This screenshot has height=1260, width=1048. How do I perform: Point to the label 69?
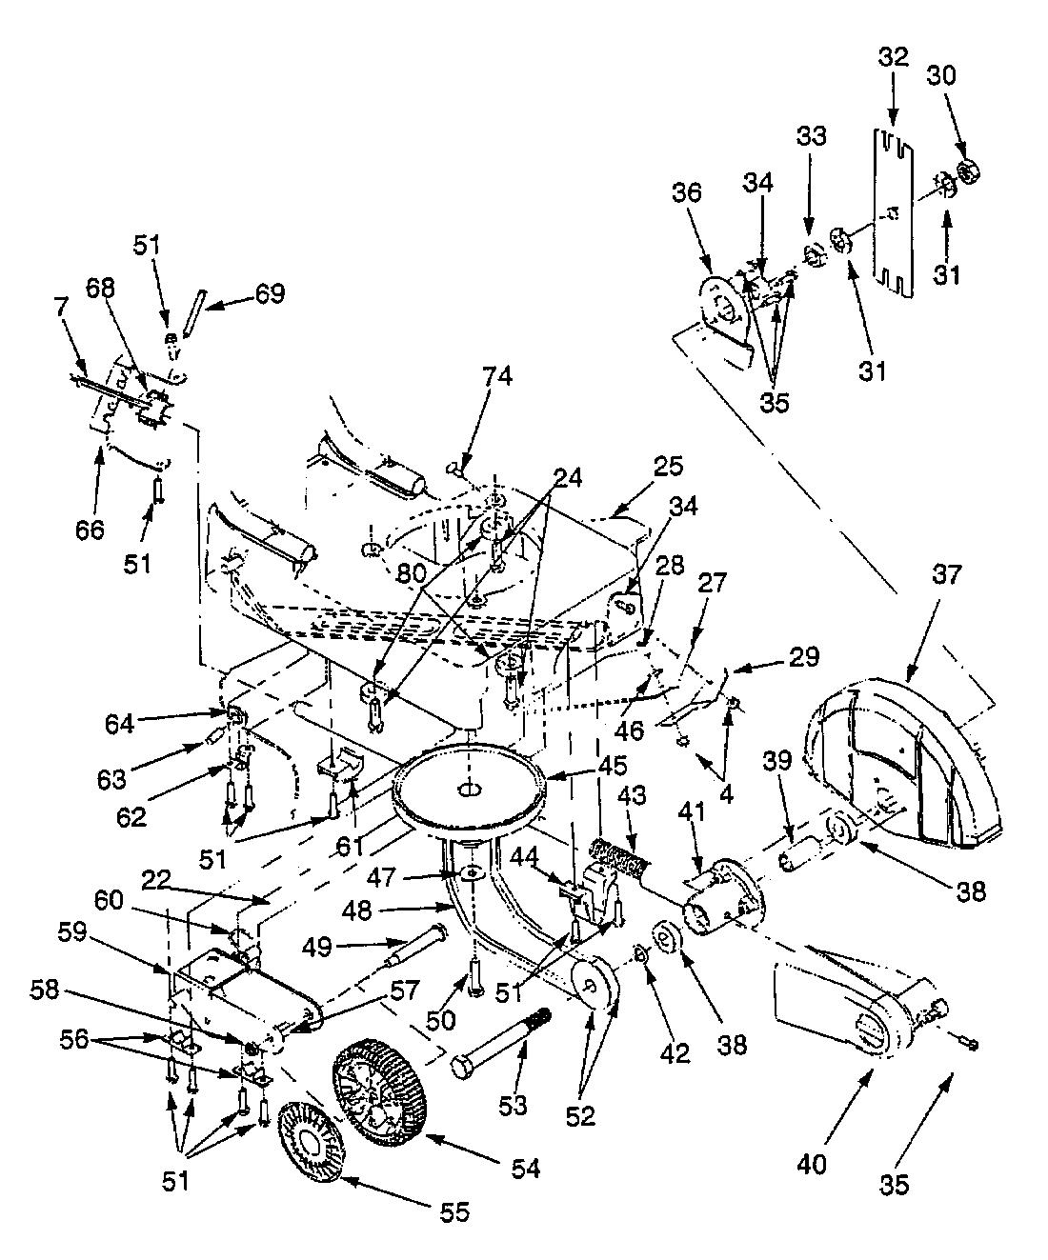click(269, 292)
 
